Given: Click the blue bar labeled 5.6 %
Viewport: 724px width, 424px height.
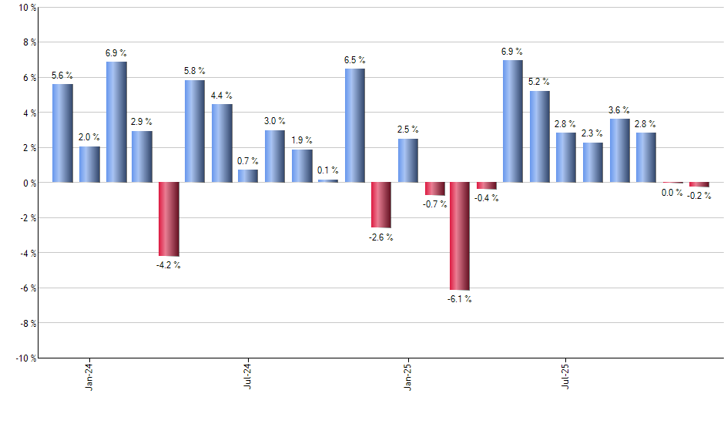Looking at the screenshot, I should click(x=62, y=133).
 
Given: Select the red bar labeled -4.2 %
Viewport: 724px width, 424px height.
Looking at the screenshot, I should click(x=169, y=219).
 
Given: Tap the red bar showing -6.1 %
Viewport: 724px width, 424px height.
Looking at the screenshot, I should click(x=460, y=236).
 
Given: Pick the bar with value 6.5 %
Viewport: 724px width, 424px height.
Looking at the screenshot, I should click(x=354, y=126).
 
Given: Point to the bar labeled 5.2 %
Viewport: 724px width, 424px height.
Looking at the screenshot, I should click(x=540, y=136).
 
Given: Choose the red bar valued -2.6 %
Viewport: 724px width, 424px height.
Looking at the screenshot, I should click(x=381, y=205).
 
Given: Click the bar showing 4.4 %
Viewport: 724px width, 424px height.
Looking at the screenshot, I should click(x=222, y=143).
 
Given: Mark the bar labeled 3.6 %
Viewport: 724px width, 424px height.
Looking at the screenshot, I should click(x=620, y=150).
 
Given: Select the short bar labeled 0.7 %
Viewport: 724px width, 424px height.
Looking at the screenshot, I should click(x=248, y=176).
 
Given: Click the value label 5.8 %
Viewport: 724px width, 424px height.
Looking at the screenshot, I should click(x=195, y=71).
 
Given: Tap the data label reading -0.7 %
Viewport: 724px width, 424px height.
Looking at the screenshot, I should click(x=434, y=204).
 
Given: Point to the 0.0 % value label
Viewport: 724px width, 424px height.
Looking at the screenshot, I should click(x=672, y=193).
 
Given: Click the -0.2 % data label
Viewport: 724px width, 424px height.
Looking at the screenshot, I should click(x=700, y=196).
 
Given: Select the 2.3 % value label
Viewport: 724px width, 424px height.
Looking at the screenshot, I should click(x=593, y=133).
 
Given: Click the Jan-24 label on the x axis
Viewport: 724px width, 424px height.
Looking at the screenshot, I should click(x=89, y=375).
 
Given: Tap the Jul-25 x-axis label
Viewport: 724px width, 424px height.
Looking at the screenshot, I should click(x=566, y=375).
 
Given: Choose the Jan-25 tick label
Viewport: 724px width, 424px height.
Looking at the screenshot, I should click(x=407, y=375).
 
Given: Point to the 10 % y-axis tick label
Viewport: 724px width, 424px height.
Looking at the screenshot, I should click(x=26, y=8).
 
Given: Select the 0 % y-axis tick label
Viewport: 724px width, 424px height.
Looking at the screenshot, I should click(x=28, y=183).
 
